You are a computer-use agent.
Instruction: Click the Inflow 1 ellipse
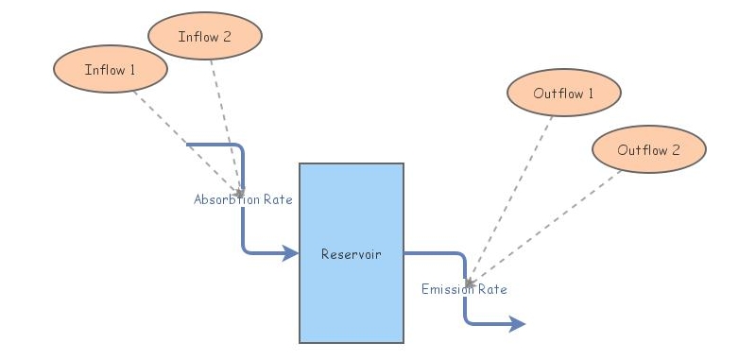click(x=111, y=69)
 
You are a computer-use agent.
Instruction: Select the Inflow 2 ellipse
click(x=205, y=37)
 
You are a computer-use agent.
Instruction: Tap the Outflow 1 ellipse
click(x=564, y=93)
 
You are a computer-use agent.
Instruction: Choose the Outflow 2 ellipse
click(x=649, y=149)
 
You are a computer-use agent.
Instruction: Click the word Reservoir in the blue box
click(x=351, y=253)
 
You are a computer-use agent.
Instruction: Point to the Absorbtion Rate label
click(x=243, y=200)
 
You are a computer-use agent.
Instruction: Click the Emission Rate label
click(x=464, y=289)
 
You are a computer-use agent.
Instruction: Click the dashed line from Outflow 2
click(x=548, y=222)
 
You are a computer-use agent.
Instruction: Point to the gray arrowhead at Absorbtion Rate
click(x=240, y=193)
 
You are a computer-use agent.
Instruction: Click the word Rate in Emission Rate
click(x=491, y=289)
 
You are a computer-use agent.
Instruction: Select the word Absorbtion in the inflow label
click(x=225, y=200)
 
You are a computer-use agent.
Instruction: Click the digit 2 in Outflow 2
click(x=676, y=150)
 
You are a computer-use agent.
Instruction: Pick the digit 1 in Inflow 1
click(x=132, y=70)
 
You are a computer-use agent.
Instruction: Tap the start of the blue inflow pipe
click(x=189, y=145)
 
